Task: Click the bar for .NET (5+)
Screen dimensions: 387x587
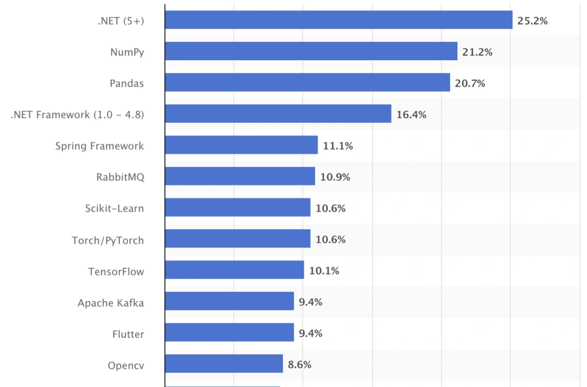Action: (x=338, y=20)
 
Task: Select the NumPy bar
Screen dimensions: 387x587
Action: (x=311, y=52)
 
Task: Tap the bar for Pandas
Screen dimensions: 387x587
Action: (x=307, y=83)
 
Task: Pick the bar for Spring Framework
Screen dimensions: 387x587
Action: (x=241, y=145)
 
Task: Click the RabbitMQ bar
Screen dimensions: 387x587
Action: (x=240, y=176)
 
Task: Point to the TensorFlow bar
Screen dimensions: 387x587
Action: (x=234, y=270)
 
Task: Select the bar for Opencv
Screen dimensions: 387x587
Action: (x=224, y=363)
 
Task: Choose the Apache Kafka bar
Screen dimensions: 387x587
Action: (x=229, y=301)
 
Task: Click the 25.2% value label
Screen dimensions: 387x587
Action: (x=533, y=21)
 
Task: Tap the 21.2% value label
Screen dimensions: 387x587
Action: (x=478, y=52)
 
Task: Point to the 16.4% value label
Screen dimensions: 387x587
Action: (x=411, y=115)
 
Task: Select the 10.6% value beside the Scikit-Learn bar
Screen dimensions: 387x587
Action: (x=330, y=208)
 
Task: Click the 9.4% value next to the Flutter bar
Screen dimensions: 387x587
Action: (x=310, y=333)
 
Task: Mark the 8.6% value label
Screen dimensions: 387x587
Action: (x=299, y=365)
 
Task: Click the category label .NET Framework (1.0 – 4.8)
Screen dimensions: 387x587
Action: (x=77, y=115)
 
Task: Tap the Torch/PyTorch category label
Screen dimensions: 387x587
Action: (x=108, y=239)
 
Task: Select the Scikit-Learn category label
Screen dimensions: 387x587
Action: (x=114, y=208)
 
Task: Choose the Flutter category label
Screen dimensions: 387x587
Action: (x=128, y=333)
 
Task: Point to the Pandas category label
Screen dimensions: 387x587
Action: (x=127, y=83)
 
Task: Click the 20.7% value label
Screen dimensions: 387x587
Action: (x=470, y=84)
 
